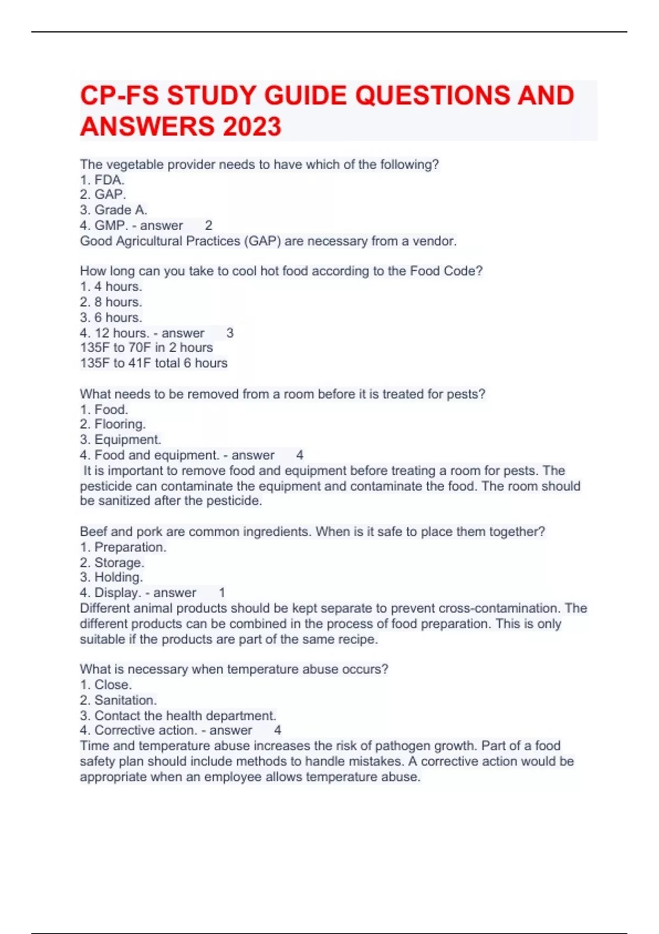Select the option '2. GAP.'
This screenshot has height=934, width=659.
pyautogui.click(x=103, y=194)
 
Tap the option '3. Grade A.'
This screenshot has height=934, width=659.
pyautogui.click(x=113, y=210)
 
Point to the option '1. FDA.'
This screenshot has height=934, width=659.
pyautogui.click(x=102, y=180)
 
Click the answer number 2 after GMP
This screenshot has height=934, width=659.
pyautogui.click(x=209, y=225)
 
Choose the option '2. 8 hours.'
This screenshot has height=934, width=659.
pyautogui.click(x=111, y=302)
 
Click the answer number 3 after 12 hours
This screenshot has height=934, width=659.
pyautogui.click(x=230, y=333)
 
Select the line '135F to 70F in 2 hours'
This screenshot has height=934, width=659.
pyautogui.click(x=146, y=347)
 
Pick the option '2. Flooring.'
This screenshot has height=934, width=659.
pyautogui.click(x=113, y=424)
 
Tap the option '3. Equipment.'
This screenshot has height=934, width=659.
pyautogui.click(x=120, y=440)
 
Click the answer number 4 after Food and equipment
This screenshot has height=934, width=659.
pyautogui.click(x=300, y=455)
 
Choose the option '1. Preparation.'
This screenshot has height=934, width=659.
pyautogui.click(x=123, y=547)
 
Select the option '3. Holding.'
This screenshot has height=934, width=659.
pyautogui.click(x=111, y=577)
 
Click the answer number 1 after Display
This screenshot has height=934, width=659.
pyautogui.click(x=222, y=592)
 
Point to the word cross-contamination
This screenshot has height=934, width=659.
pyautogui.click(x=498, y=608)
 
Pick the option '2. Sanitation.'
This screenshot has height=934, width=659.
pyautogui.click(x=118, y=700)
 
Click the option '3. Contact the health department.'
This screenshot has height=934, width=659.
pyautogui.click(x=178, y=715)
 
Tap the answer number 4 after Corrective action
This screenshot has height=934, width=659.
pyautogui.click(x=278, y=730)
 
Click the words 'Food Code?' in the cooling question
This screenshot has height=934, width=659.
pyautogui.click(x=446, y=271)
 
